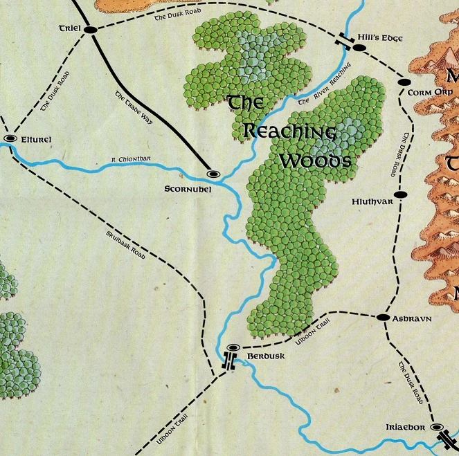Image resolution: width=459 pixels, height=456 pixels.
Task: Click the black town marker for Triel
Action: click(x=90, y=29)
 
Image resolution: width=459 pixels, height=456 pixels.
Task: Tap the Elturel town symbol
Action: click(x=10, y=139)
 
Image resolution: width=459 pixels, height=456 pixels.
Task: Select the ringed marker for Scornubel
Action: click(x=213, y=174)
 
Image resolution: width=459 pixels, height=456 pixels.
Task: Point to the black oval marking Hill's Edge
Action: click(x=359, y=47)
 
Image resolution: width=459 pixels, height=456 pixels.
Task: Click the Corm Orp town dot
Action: click(x=404, y=82)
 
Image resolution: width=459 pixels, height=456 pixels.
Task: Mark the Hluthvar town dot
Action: click(x=398, y=195)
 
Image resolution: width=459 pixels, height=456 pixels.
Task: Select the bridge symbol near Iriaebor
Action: click(x=447, y=437)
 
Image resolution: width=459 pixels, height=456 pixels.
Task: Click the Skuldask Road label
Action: click(x=125, y=245)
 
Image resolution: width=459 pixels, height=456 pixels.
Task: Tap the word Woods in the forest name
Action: click(x=315, y=161)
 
